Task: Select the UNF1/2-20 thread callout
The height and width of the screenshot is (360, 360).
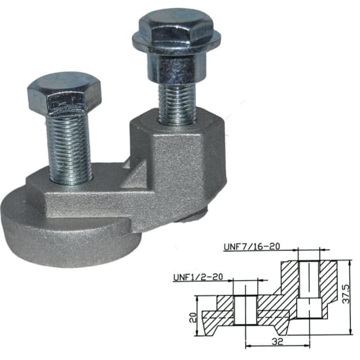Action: pyautogui.click(x=197, y=277)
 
